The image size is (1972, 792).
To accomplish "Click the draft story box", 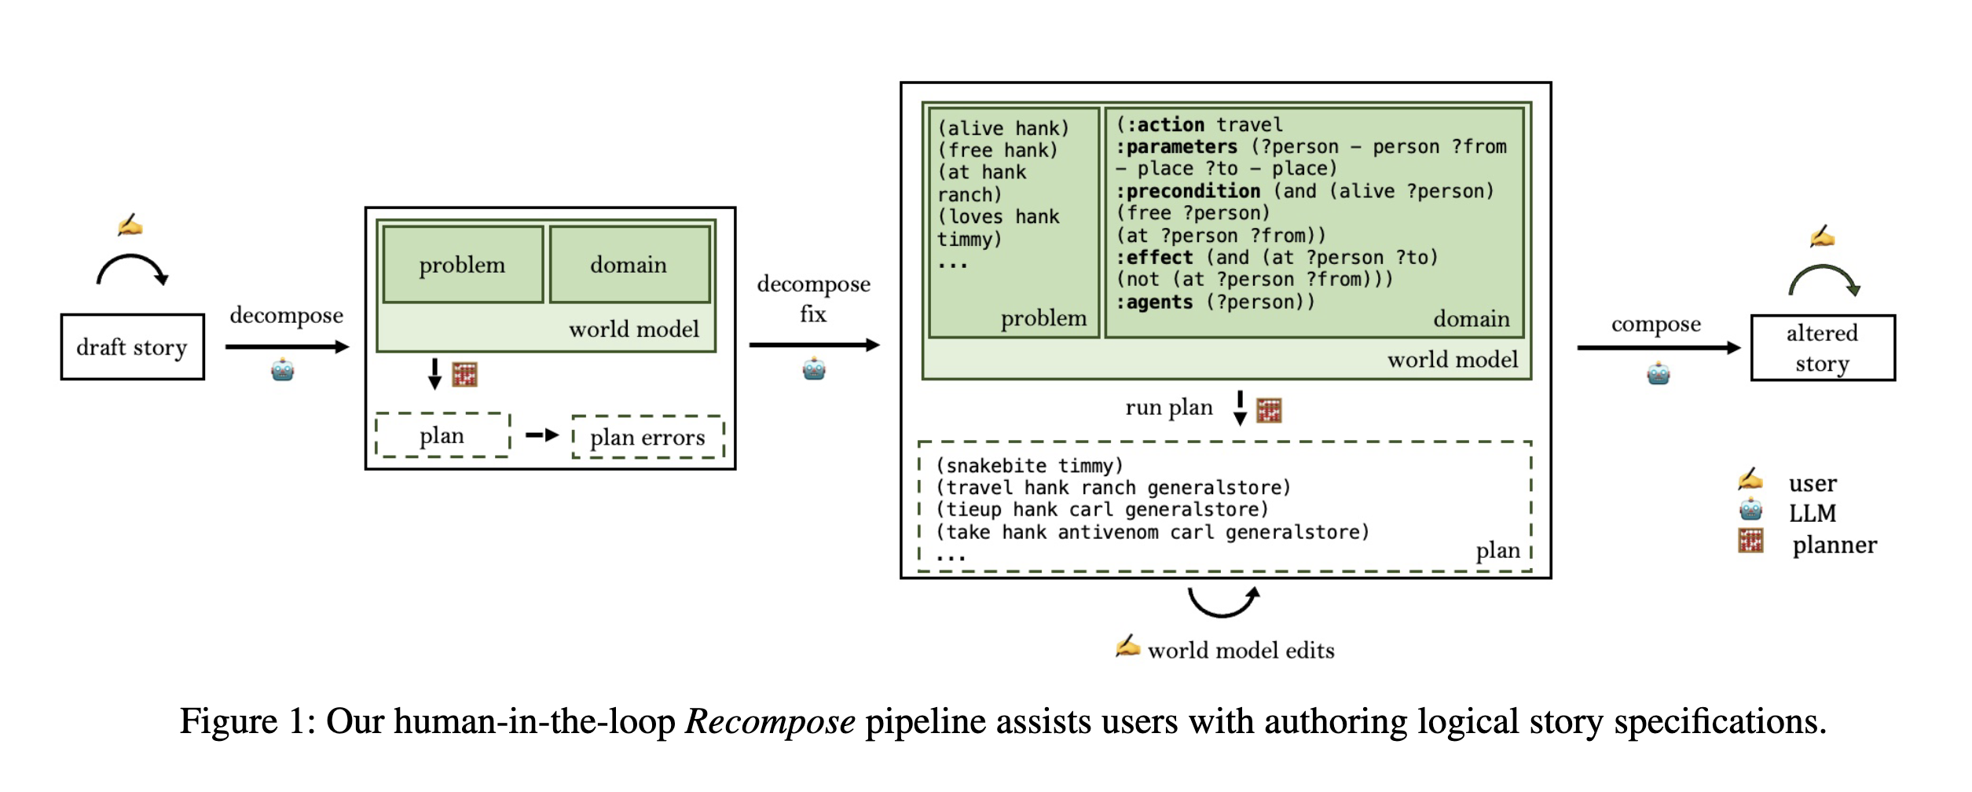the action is coord(133,346).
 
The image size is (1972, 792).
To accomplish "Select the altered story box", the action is coord(1823,348).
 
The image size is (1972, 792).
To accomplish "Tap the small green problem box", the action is coord(463,265).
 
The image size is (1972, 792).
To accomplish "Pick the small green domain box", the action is coord(630,265).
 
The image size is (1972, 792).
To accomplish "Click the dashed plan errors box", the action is coord(648,437).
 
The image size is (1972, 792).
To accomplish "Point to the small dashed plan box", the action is coord(443,435).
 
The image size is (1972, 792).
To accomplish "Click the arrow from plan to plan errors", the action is coord(542,435).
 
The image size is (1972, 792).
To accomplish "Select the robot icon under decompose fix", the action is coord(814,368).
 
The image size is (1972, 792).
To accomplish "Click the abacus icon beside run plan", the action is coord(1269,410).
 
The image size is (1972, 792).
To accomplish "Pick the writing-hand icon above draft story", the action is coord(130,225).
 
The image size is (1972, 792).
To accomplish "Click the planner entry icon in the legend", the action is coord(1751,541).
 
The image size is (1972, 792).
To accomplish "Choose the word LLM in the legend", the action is coord(1813,513).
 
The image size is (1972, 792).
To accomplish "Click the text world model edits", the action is coord(1241,651).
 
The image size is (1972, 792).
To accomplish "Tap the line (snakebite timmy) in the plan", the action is coord(1030,466).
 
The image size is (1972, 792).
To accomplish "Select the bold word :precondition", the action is coord(1189,191).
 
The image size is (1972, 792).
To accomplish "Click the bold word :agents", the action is coord(1155,302).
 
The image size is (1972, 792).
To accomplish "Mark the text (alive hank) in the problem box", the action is coord(1003,128).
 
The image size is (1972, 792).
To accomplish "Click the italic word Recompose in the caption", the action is coord(770,721).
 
